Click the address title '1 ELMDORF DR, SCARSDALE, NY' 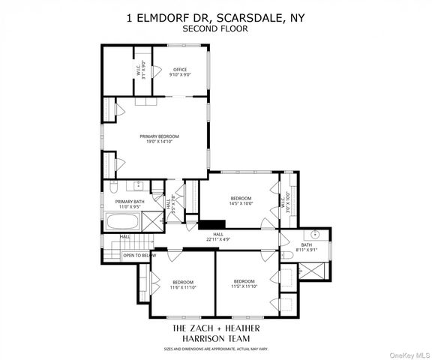(216, 17)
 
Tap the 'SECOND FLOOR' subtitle (216, 28)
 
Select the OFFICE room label (180, 72)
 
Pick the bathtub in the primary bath (123, 223)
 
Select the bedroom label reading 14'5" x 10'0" (242, 199)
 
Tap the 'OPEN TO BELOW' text (139, 256)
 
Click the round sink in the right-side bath (316, 234)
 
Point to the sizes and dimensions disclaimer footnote (216, 349)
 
